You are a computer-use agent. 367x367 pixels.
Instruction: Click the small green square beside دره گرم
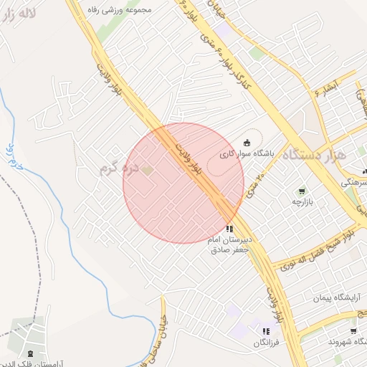tap(147, 170)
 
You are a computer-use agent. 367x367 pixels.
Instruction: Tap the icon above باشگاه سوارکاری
tap(247, 141)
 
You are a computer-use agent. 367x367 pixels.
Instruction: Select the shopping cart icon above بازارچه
tap(302, 191)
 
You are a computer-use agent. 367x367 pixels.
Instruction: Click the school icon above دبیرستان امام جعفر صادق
tap(229, 229)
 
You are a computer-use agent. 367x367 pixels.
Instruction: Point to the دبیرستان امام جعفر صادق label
tap(229, 244)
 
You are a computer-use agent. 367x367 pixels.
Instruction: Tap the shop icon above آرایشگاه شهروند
tap(353, 331)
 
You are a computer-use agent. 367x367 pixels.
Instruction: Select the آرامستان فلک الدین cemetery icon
tap(29, 353)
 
